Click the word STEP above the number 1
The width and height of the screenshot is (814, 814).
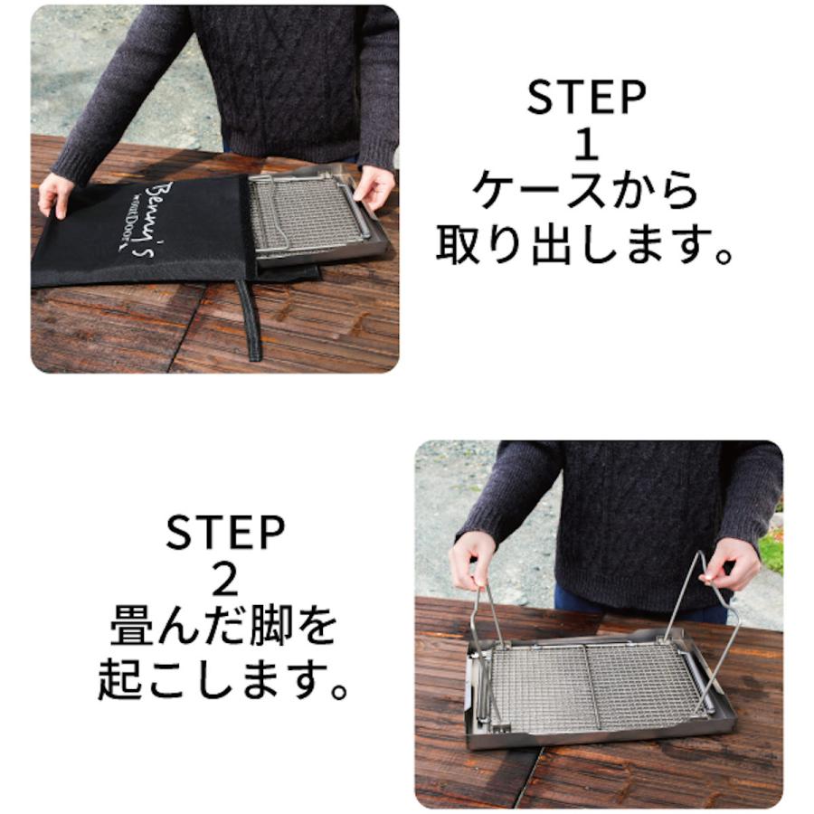(x=586, y=98)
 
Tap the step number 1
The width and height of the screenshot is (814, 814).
(x=586, y=145)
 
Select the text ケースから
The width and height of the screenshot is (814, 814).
(x=586, y=192)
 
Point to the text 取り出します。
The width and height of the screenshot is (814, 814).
(x=586, y=242)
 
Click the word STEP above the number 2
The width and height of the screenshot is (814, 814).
(x=225, y=534)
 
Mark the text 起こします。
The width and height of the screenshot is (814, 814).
(x=225, y=678)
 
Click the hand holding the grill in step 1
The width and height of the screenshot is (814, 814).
(x=374, y=185)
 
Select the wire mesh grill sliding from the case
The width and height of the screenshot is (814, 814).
(x=303, y=213)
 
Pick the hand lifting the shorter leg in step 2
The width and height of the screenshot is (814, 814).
(x=472, y=556)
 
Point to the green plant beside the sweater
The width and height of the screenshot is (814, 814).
(x=771, y=547)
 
